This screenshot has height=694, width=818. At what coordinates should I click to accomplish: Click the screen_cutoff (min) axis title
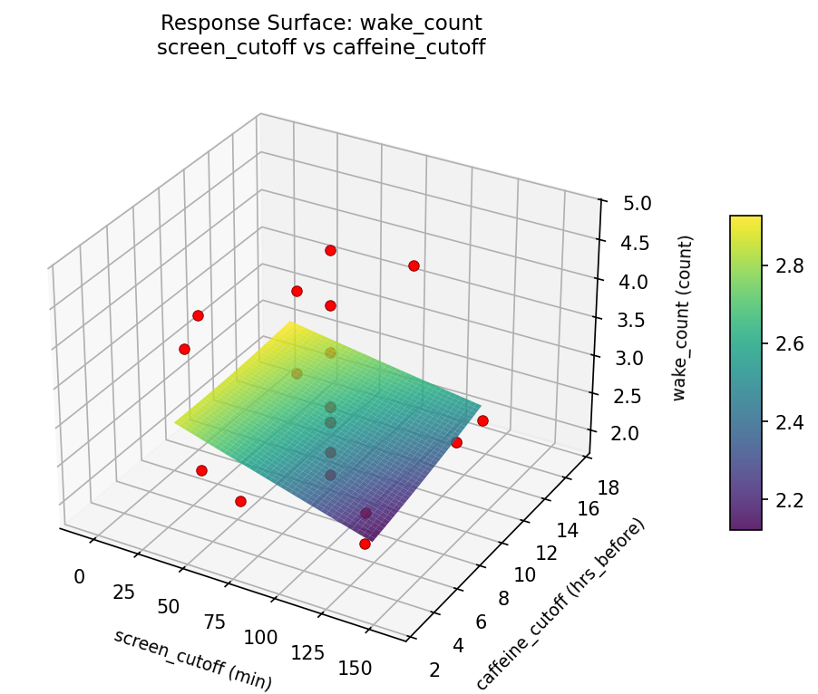tap(192, 647)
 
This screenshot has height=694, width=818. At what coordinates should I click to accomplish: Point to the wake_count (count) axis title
tap(686, 318)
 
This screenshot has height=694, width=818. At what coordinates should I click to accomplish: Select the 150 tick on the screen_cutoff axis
tap(354, 668)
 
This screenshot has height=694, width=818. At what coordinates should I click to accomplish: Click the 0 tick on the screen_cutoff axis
tap(79, 576)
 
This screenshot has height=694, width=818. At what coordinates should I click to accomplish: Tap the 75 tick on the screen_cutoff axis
tap(215, 622)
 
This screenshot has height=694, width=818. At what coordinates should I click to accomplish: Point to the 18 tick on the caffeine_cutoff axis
tap(610, 488)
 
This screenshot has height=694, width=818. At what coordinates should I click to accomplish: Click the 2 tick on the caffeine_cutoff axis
tap(436, 670)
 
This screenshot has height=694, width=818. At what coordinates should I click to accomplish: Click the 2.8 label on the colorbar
tap(784, 265)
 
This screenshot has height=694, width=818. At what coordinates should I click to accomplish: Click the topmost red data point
tap(330, 250)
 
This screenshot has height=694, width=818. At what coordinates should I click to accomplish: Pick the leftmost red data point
tap(184, 349)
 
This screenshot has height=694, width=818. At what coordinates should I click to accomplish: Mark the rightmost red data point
tap(482, 420)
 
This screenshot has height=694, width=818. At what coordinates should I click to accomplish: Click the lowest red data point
tap(365, 544)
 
